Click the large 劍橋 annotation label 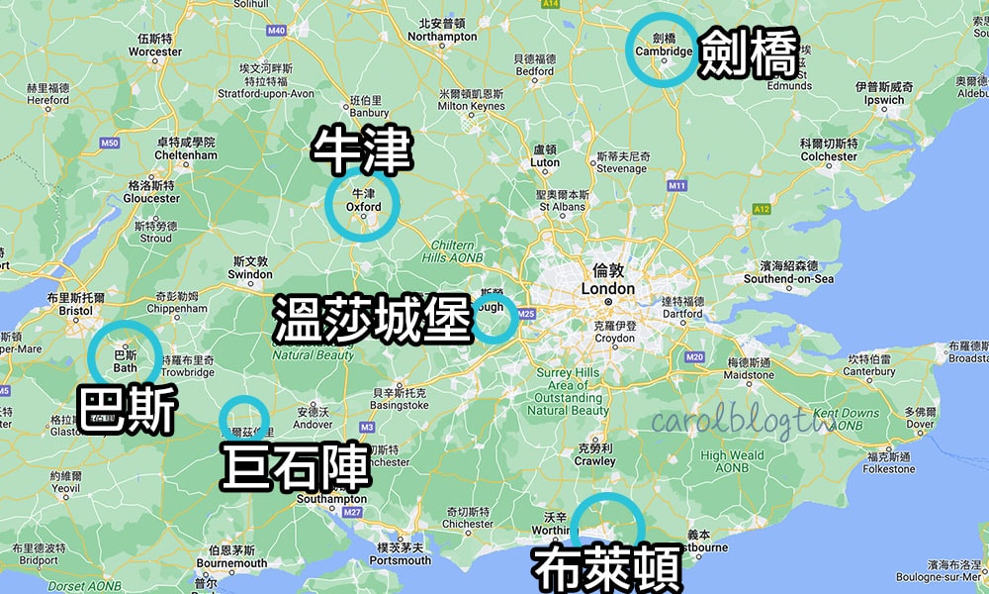[x=748, y=54]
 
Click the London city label [x=607, y=288]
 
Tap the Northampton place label [x=442, y=37]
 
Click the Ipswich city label [x=883, y=100]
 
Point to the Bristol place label [x=75, y=310]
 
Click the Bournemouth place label [x=231, y=563]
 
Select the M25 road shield [x=525, y=314]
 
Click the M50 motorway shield [x=109, y=144]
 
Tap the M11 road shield [x=676, y=185]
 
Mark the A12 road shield [x=761, y=209]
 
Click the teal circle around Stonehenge [x=243, y=419]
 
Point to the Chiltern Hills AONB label [x=458, y=250]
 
